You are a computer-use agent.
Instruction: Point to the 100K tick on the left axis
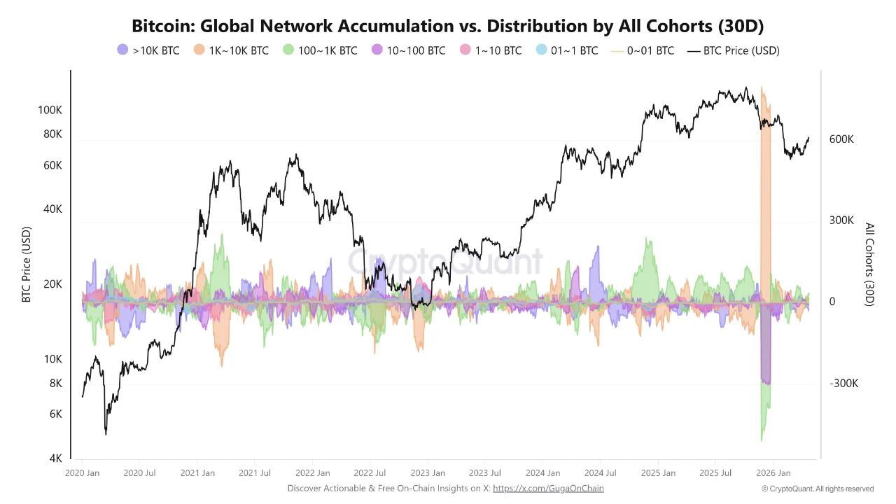point(50,110)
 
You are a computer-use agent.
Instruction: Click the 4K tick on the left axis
point(55,458)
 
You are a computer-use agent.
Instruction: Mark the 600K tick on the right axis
point(841,139)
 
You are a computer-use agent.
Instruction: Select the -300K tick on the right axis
point(843,384)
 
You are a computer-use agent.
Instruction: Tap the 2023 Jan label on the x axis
point(427,473)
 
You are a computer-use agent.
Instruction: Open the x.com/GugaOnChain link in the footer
point(548,489)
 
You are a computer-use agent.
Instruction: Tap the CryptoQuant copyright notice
point(818,489)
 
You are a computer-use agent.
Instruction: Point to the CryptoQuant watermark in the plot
point(445,261)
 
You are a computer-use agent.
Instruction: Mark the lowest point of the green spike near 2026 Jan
point(761,440)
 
